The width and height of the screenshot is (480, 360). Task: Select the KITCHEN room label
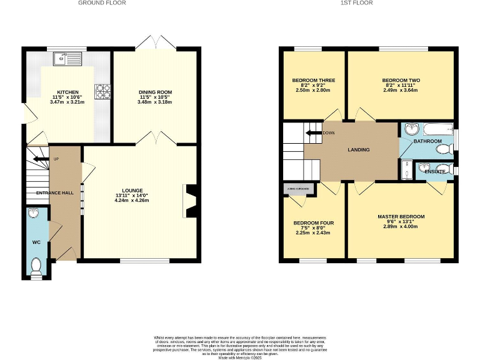67,92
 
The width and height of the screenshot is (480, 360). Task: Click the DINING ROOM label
155,92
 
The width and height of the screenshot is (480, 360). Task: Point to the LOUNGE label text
132,190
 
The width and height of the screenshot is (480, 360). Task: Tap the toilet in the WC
36,267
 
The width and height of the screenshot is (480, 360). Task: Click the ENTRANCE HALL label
55,192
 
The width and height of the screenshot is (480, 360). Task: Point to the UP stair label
56,159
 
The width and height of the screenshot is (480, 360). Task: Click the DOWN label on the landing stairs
329,133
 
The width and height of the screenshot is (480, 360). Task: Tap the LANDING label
359,150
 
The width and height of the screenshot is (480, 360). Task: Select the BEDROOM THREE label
314,81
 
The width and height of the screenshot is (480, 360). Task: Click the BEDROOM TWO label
401,81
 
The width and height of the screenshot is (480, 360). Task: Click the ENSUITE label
435,171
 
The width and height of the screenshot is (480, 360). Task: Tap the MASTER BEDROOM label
401,217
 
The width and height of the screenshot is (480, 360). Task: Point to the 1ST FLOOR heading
356,3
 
